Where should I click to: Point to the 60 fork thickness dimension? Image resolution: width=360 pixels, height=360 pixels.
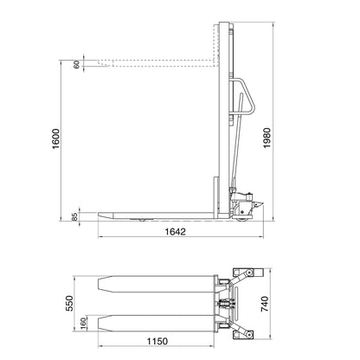pyautogui.click(x=76, y=64)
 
